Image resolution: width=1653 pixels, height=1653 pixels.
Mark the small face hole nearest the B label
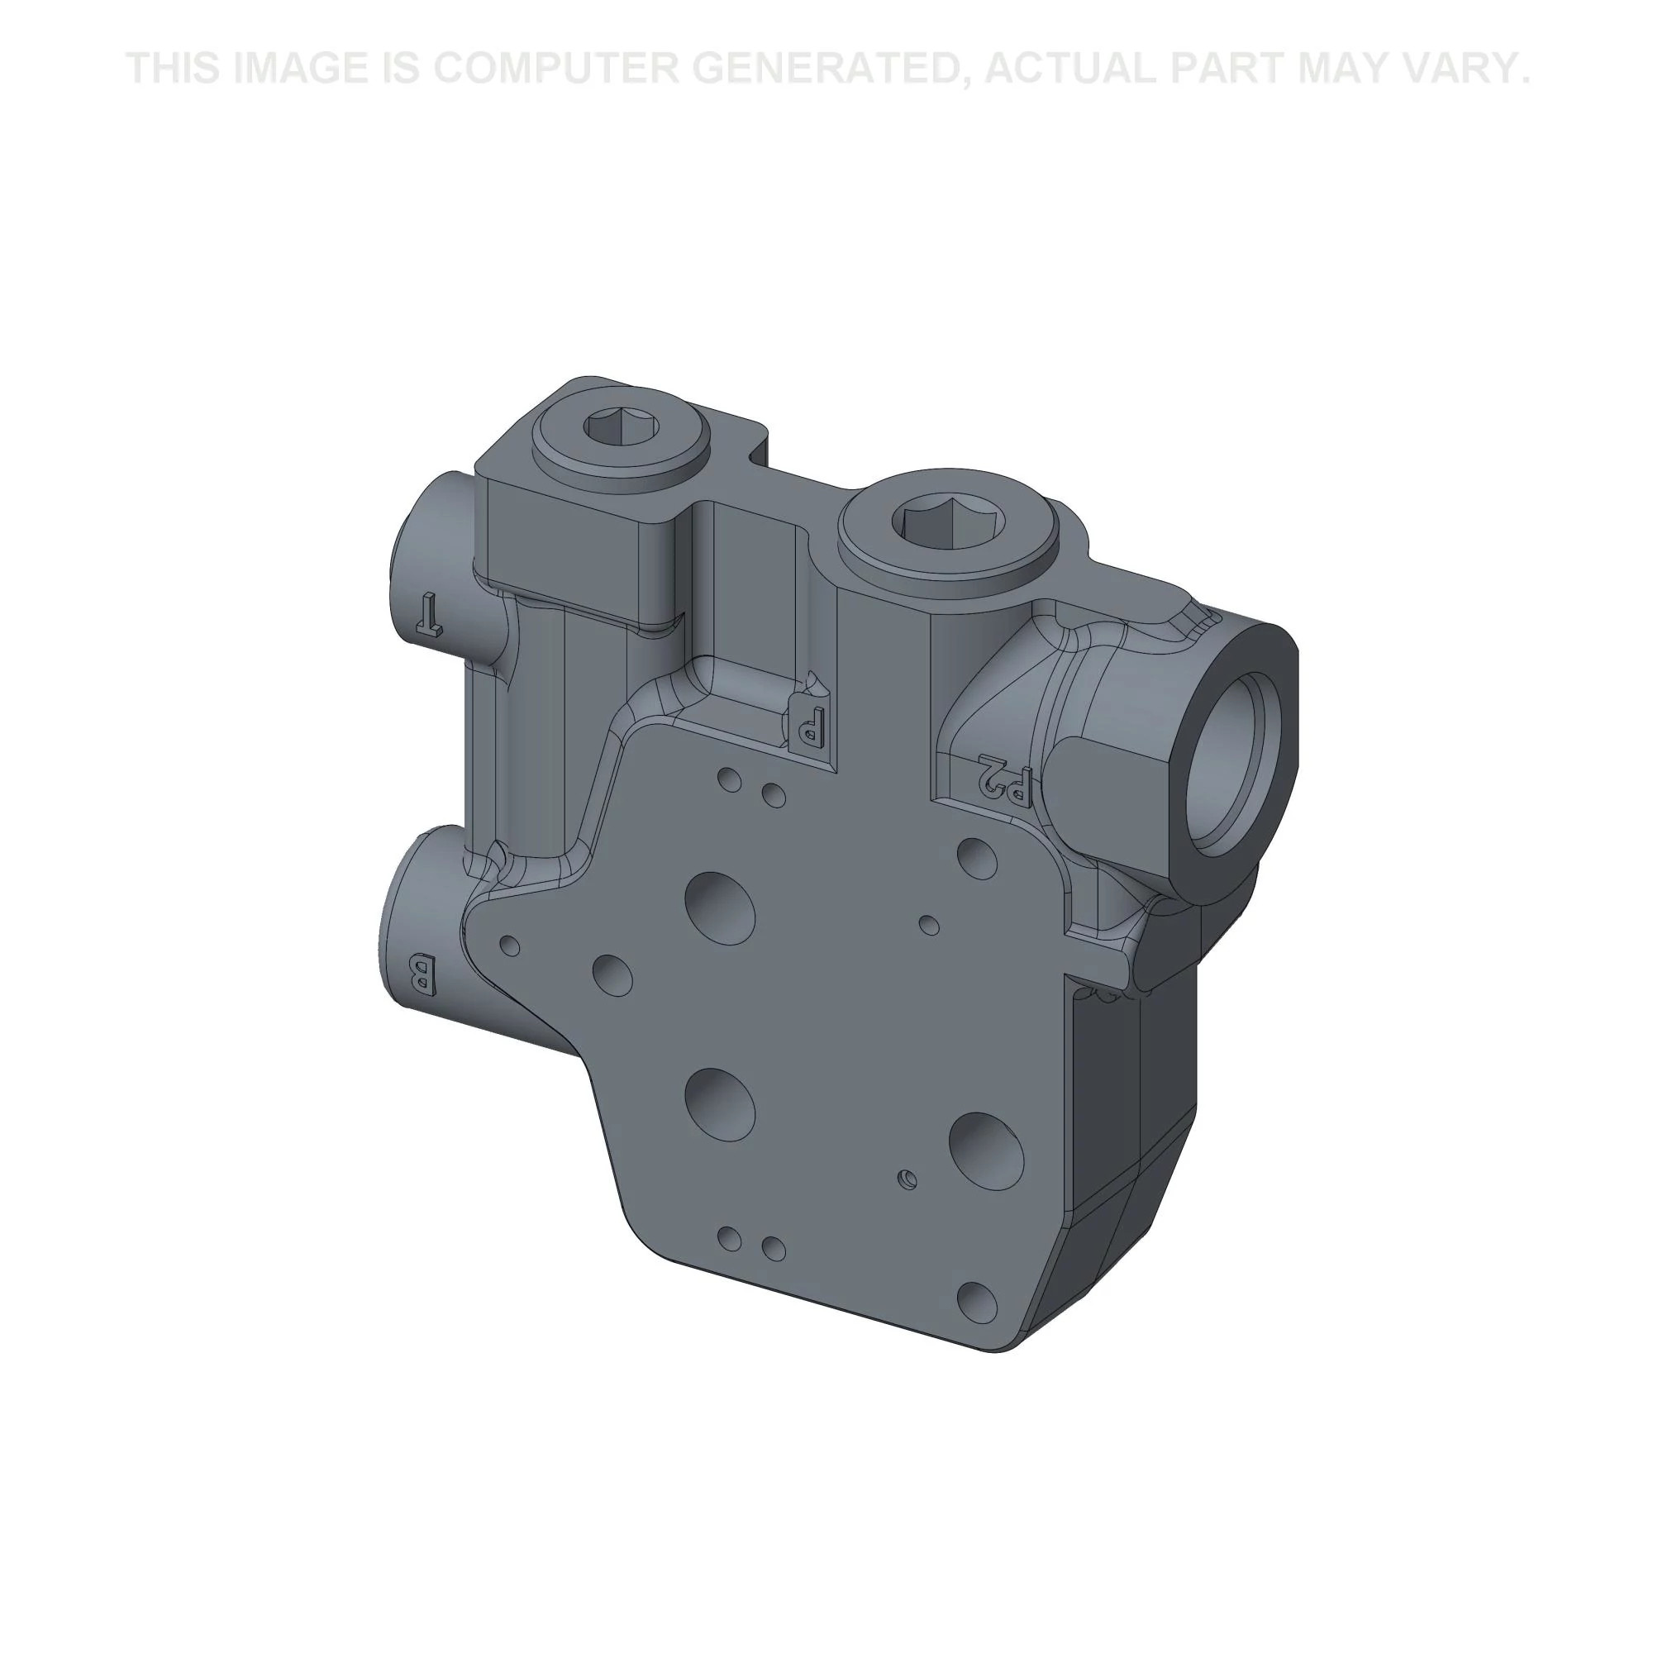(x=509, y=946)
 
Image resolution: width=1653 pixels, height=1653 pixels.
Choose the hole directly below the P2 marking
(x=978, y=855)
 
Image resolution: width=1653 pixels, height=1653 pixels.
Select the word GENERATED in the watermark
(x=836, y=69)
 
